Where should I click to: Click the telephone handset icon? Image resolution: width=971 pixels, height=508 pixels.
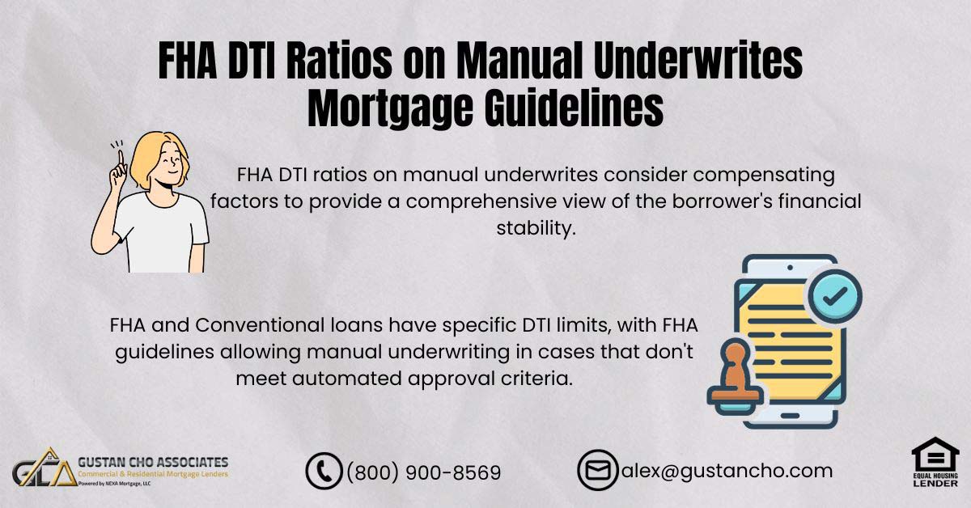coord(324,471)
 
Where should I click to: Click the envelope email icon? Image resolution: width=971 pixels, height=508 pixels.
coord(597,470)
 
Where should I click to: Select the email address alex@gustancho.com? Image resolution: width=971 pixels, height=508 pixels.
coord(726,470)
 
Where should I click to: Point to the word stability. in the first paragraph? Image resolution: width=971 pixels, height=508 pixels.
coord(535,227)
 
